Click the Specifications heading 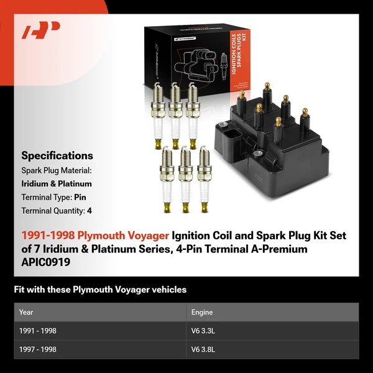(57, 156)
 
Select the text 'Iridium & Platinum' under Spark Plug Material (57, 183)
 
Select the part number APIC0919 (46, 262)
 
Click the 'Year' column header (26, 312)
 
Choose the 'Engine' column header (202, 312)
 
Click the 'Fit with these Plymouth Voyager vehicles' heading (100, 290)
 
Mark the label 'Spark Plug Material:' (57, 170)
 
